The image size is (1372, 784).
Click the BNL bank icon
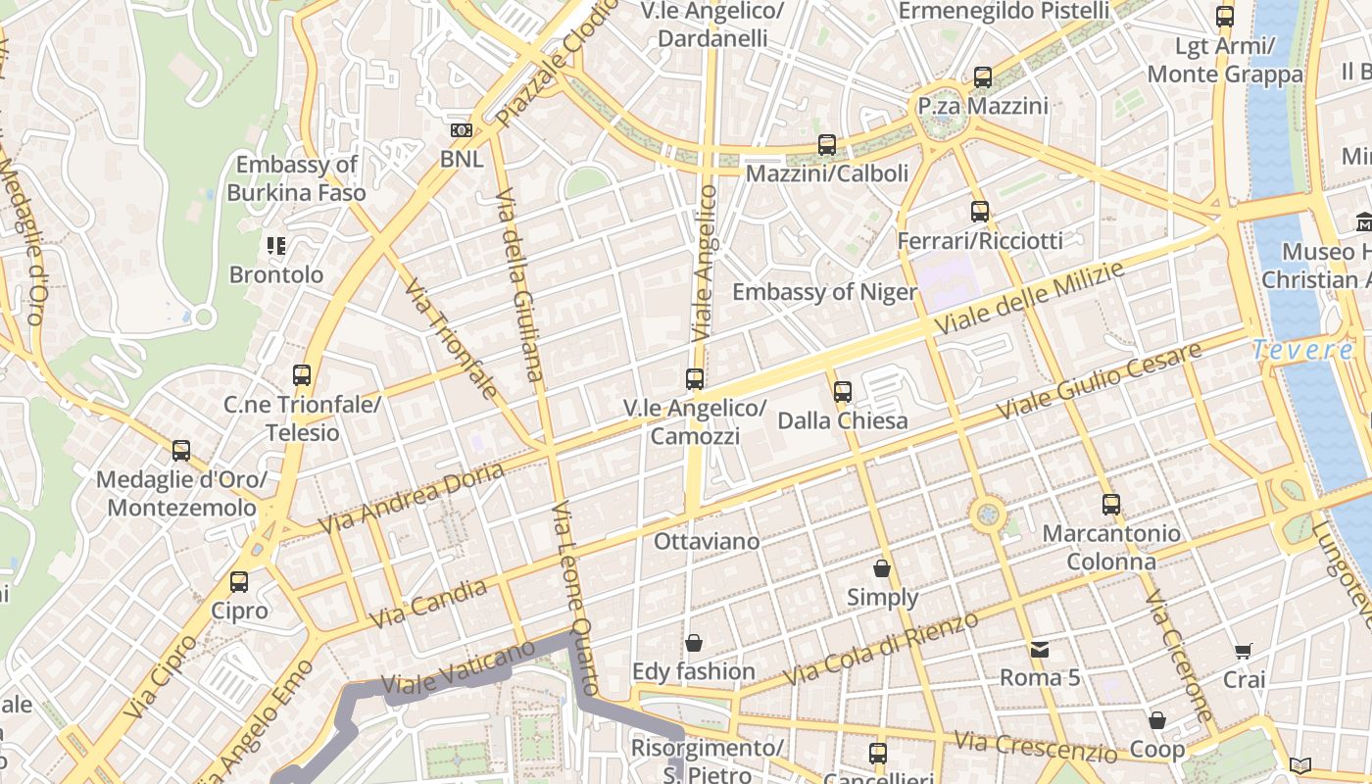coord(461,129)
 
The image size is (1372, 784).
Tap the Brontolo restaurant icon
coord(276,246)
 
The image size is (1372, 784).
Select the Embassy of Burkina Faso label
coord(296,178)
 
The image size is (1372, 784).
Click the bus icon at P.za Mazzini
coord(983,76)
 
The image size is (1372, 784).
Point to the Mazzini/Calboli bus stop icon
coord(827,145)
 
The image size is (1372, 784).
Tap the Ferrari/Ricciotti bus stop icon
coord(979,211)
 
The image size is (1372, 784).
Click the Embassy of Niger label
coord(824,292)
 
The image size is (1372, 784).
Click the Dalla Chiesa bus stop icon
coord(842,392)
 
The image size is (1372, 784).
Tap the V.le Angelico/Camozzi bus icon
coord(695,378)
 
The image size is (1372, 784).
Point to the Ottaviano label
coord(707,541)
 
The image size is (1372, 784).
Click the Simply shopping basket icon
coord(882,568)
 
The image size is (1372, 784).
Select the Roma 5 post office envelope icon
coord(1039,649)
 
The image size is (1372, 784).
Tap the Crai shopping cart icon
coord(1244,651)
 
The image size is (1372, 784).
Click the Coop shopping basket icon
coord(1157,720)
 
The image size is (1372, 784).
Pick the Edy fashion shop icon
coord(694,643)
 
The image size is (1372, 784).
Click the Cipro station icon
coord(239,582)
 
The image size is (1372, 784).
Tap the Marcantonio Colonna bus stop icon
coord(1110,505)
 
